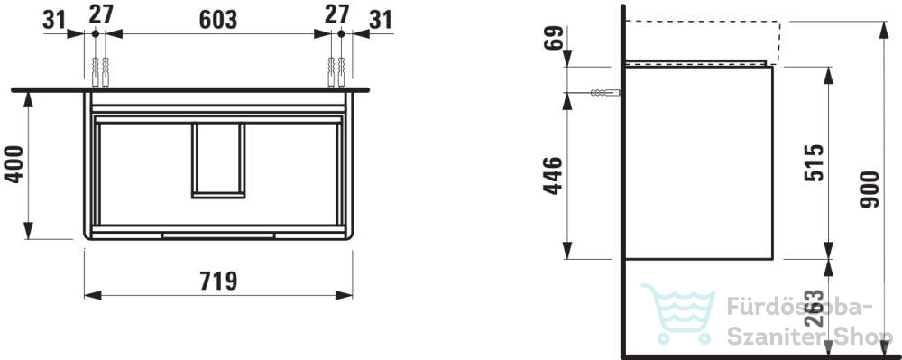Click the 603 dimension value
click(x=218, y=19)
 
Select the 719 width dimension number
click(x=218, y=282)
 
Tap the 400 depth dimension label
click(x=14, y=164)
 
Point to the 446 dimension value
click(x=553, y=175)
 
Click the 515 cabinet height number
click(x=814, y=162)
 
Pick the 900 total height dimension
click(x=870, y=189)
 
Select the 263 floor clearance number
click(x=814, y=309)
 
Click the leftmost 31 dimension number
click(x=55, y=20)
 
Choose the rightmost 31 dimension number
click(x=381, y=20)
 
